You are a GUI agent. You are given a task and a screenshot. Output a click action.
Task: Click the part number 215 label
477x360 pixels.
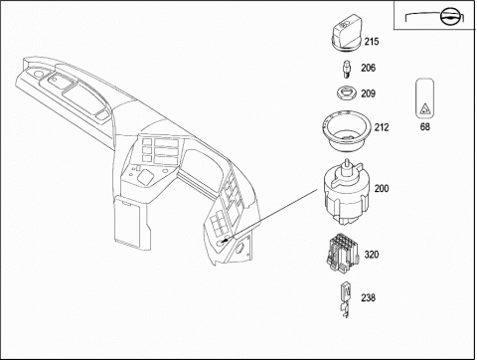[372, 42]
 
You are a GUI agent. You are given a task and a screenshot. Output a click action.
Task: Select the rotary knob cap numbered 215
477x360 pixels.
[346, 33]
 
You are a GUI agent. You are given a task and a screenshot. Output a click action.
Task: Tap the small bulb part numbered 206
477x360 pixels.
[346, 69]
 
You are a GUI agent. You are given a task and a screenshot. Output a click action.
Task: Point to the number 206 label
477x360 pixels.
[368, 68]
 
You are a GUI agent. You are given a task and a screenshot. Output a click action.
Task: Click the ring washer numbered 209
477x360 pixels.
[347, 92]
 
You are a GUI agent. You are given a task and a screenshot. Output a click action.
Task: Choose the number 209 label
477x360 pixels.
[368, 93]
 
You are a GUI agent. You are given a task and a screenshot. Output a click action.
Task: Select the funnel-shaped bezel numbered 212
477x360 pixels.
[345, 131]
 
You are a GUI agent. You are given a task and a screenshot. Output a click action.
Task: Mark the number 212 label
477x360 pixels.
[382, 127]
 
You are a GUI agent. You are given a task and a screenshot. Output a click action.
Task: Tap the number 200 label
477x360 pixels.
[382, 189]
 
